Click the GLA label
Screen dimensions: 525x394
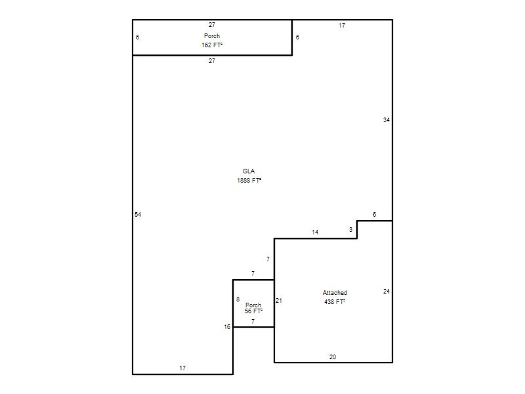click(249, 171)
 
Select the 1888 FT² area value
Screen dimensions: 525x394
click(249, 180)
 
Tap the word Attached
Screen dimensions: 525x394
click(335, 293)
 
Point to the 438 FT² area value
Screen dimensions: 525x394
click(335, 302)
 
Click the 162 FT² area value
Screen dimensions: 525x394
click(212, 45)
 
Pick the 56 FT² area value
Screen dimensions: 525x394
click(253, 311)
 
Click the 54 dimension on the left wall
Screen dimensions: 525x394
click(138, 215)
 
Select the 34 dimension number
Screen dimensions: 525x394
click(387, 120)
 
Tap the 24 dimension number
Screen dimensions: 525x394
click(387, 292)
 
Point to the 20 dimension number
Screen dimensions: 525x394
click(333, 357)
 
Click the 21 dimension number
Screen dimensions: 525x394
click(279, 301)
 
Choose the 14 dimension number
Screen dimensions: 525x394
click(315, 232)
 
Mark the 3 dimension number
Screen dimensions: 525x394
click(350, 229)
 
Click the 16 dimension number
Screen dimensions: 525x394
click(227, 326)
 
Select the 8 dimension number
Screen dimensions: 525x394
click(238, 299)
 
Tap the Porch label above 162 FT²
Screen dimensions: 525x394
click(212, 36)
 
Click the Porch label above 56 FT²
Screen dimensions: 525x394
click(253, 305)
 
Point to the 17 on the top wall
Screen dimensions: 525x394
click(342, 26)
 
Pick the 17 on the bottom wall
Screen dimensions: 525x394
click(182, 368)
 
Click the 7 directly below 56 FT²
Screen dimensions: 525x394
click(253, 322)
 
